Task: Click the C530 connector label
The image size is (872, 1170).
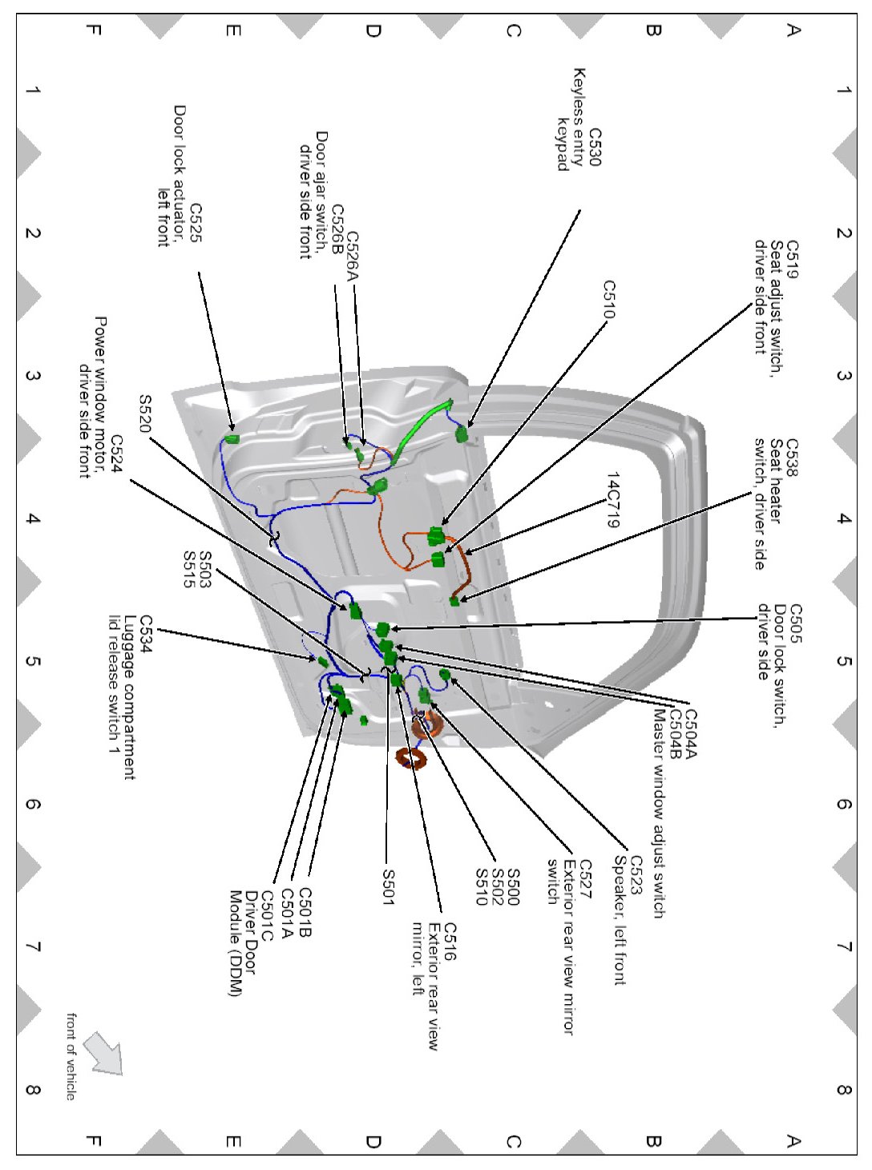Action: pyautogui.click(x=594, y=147)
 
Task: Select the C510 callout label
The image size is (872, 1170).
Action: pyautogui.click(x=609, y=299)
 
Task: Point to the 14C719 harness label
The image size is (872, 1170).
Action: pyautogui.click(x=612, y=500)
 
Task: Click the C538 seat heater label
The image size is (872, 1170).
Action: pyautogui.click(x=791, y=458)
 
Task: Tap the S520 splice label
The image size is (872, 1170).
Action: pyautogui.click(x=145, y=414)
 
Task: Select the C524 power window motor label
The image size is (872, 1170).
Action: pyautogui.click(x=116, y=454)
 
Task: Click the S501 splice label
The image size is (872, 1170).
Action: pyautogui.click(x=388, y=887)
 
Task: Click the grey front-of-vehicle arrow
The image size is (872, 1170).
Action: pyautogui.click(x=103, y=1052)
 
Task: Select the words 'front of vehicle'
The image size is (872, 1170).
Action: pyautogui.click(x=71, y=1056)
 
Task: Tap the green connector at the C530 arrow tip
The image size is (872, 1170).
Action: pyautogui.click(x=461, y=434)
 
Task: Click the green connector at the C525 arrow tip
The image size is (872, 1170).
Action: pyautogui.click(x=232, y=438)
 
